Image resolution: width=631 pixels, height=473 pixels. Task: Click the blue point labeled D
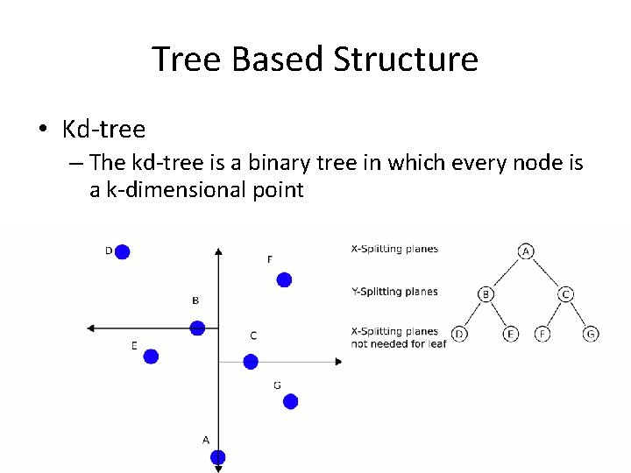[122, 252]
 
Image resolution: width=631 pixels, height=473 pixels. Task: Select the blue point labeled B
[198, 328]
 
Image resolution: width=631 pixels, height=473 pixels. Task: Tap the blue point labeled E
[151, 357]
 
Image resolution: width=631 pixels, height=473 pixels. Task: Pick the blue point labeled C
[251, 361]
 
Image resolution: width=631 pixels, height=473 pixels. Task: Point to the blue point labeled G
[291, 401]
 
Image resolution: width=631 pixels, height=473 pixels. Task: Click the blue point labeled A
[218, 456]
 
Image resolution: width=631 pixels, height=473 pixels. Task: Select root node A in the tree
[526, 251]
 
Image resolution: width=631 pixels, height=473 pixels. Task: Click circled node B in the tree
[486, 294]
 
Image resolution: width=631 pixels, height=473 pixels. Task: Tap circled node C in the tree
[566, 294]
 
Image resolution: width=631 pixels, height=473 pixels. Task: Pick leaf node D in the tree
[458, 334]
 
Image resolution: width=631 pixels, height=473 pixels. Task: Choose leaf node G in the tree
[592, 334]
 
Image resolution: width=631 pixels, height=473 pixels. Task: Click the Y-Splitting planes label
[394, 292]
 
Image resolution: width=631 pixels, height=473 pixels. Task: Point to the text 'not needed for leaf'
[399, 343]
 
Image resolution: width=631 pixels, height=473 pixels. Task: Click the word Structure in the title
[406, 60]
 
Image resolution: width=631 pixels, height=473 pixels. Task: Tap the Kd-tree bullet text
[103, 130]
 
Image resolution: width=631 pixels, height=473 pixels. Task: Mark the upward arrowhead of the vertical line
[218, 251]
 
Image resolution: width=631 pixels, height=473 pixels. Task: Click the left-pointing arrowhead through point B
[91, 328]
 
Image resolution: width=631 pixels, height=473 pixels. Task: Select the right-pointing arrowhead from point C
[337, 361]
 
